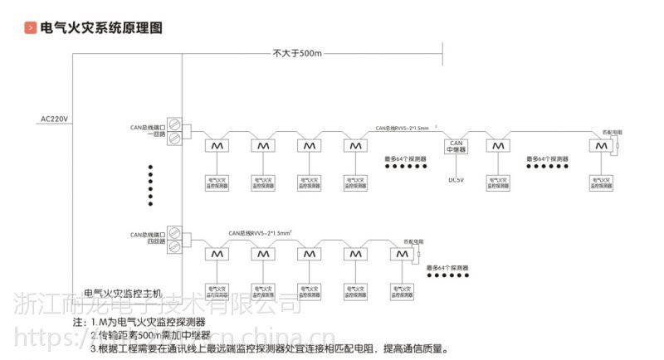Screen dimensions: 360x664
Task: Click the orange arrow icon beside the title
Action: [x=31, y=28]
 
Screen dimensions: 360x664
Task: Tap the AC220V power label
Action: [x=55, y=119]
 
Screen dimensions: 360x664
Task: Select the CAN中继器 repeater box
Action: [x=456, y=146]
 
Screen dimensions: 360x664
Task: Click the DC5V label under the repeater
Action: [x=456, y=179]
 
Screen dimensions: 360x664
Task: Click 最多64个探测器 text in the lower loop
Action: [x=447, y=268]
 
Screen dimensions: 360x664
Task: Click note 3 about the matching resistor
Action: [x=269, y=348]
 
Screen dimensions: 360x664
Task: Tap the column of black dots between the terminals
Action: [x=150, y=184]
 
